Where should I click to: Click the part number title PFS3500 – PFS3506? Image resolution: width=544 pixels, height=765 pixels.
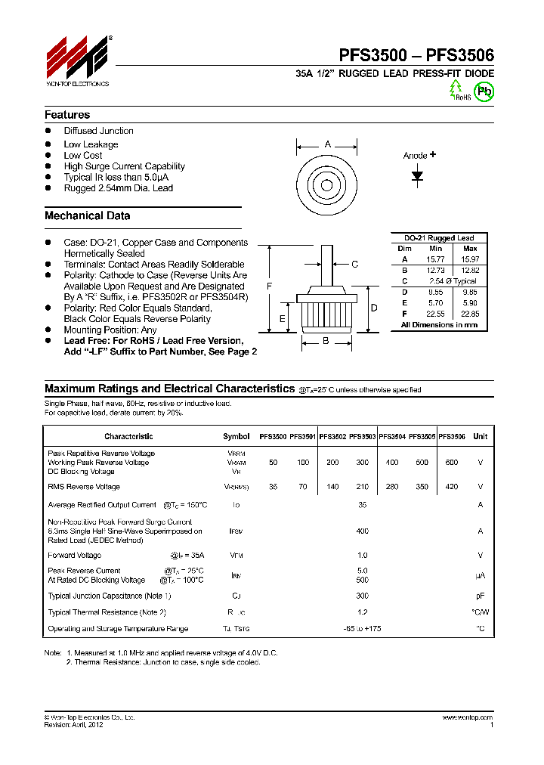[416, 55]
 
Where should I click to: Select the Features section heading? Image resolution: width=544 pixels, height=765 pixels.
[67, 115]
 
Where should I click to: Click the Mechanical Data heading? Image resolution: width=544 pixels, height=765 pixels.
[87, 215]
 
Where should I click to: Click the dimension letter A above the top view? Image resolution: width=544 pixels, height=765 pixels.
[327, 144]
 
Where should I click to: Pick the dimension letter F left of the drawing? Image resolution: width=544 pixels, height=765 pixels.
[270, 286]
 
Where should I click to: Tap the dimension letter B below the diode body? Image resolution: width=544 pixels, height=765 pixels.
[326, 341]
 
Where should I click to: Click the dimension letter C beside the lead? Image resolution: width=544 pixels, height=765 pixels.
[354, 264]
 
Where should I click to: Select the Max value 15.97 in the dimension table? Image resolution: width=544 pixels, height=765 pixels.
[469, 259]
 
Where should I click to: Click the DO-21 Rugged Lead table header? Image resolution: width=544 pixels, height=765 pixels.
[439, 238]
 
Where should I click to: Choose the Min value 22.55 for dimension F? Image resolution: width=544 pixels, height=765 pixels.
[435, 313]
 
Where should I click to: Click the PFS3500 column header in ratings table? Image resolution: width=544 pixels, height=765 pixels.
[273, 436]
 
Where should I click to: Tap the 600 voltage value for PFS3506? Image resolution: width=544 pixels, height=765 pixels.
[451, 462]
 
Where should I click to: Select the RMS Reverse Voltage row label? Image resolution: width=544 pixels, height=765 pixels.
[84, 487]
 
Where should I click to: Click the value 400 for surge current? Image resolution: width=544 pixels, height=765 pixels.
[362, 531]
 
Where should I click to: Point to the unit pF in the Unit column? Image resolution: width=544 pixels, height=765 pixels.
[480, 596]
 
